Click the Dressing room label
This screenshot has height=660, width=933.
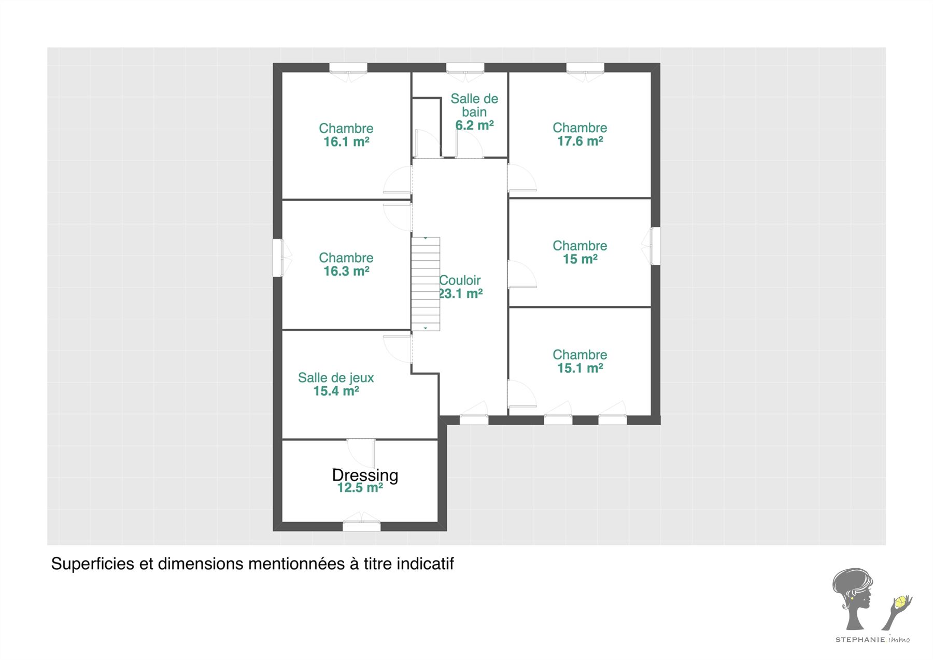(x=365, y=475)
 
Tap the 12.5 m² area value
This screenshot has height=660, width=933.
(x=360, y=488)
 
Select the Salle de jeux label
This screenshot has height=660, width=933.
(x=336, y=378)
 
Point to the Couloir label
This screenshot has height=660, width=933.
(x=460, y=280)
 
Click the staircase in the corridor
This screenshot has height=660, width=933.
(x=426, y=284)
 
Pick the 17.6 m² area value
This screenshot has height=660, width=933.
(x=580, y=141)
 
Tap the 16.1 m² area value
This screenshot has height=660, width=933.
(x=346, y=142)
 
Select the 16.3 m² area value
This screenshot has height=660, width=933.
(x=346, y=271)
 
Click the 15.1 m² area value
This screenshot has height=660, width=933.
(x=580, y=368)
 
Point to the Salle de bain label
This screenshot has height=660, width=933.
(x=474, y=105)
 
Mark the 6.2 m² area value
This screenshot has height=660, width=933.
(x=474, y=125)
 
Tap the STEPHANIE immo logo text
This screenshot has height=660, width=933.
(x=872, y=639)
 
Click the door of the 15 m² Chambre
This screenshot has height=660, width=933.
(x=522, y=274)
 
